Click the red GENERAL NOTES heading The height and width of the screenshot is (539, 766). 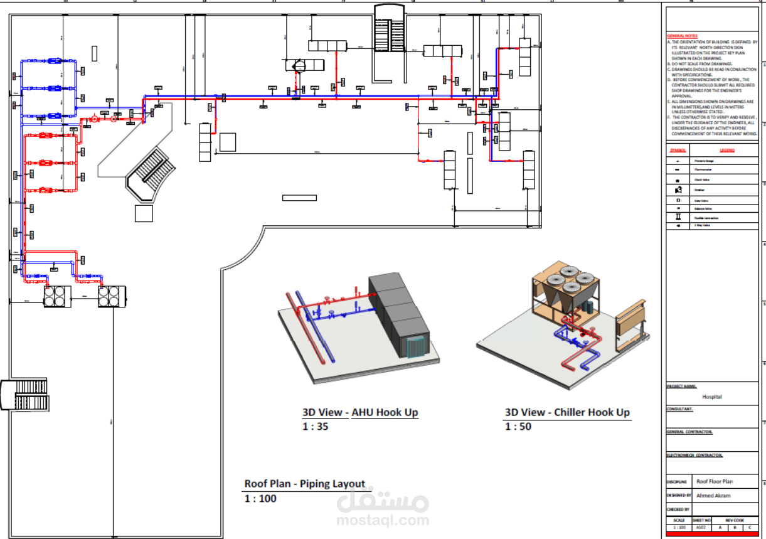tap(682, 36)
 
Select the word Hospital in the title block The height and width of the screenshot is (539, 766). tap(712, 397)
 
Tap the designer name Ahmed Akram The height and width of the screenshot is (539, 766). tap(713, 496)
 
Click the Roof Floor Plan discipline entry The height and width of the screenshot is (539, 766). tap(715, 482)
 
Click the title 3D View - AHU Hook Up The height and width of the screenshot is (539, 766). tap(360, 412)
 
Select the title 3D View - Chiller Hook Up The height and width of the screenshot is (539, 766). tap(567, 412)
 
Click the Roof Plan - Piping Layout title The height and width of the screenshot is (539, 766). tap(304, 484)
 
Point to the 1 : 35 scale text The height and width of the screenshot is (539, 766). tap(315, 427)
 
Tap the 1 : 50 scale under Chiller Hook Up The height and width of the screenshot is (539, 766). tap(518, 427)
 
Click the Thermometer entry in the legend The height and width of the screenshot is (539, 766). tap(703, 170)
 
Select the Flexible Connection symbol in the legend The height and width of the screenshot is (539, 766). tap(678, 216)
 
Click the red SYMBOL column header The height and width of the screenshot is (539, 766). tap(678, 151)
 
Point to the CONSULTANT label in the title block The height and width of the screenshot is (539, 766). tap(679, 409)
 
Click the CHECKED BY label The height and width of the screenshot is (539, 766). tap(678, 510)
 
